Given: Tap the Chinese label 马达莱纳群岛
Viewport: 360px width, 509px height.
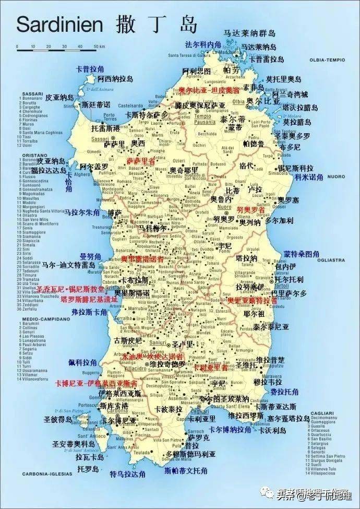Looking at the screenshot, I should pyautogui.click(x=249, y=33).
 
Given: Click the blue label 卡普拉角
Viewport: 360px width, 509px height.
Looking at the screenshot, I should pyautogui.click(x=90, y=69).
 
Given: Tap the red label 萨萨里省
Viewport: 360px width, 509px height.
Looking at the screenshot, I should pyautogui.click(x=141, y=161).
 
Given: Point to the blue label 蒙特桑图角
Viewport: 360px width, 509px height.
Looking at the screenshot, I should pyautogui.click(x=302, y=254).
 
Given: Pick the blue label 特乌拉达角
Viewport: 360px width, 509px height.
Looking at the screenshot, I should pyautogui.click(x=127, y=474).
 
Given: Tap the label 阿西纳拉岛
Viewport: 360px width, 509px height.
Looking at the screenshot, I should pyautogui.click(x=115, y=79).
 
